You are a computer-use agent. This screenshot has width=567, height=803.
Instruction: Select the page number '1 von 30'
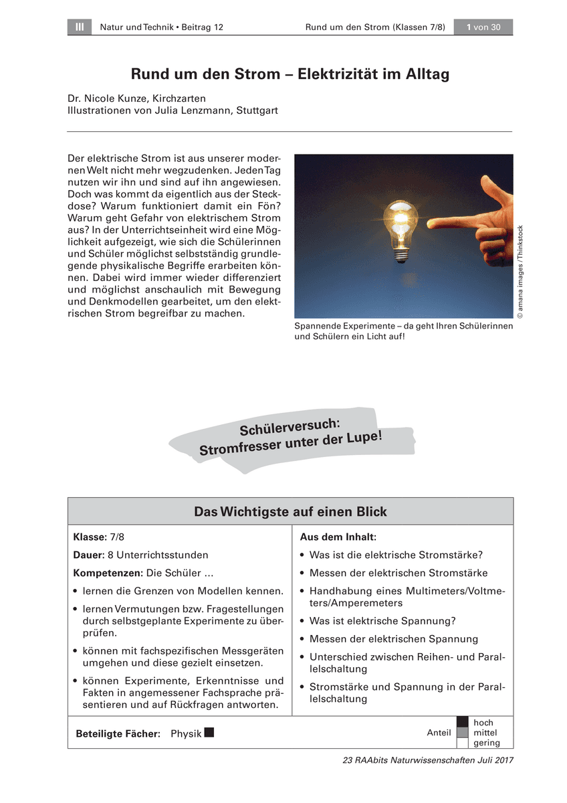click(483, 27)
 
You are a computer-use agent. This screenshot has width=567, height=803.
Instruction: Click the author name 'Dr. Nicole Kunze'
click(110, 98)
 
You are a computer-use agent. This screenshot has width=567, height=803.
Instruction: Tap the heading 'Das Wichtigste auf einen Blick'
click(290, 512)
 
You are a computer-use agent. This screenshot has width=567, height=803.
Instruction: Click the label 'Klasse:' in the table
click(89, 537)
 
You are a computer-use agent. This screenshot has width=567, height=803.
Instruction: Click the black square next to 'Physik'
click(209, 733)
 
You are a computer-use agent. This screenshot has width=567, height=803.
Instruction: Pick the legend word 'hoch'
click(483, 723)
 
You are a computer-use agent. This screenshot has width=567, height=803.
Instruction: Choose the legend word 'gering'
click(486, 743)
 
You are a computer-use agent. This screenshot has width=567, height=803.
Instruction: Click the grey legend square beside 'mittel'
click(462, 733)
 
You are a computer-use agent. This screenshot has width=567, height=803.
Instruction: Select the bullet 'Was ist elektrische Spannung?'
click(392, 621)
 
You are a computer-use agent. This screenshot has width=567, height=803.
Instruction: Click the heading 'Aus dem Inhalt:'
click(338, 537)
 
